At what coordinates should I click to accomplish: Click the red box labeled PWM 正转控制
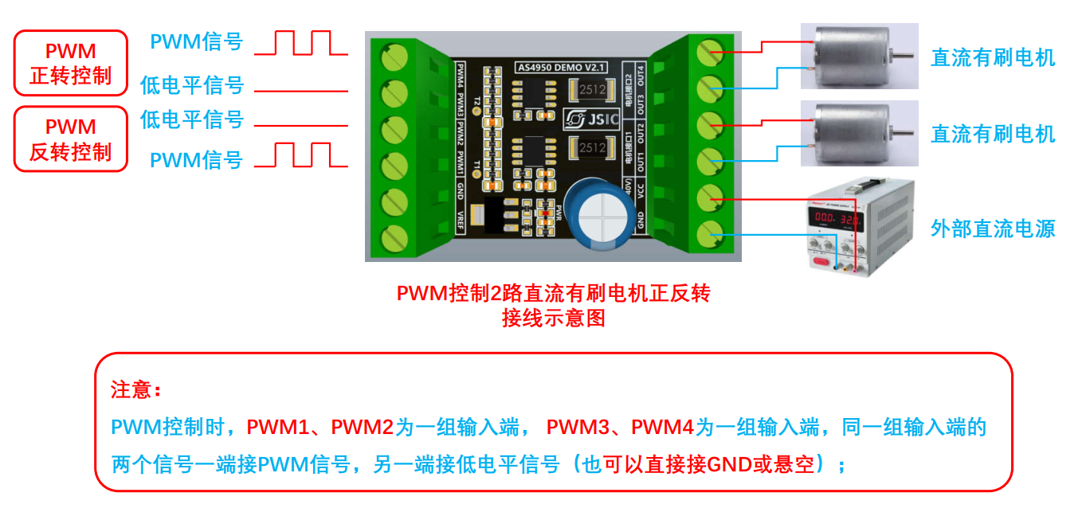pos(71,64)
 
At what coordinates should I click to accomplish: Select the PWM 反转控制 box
pos(71,139)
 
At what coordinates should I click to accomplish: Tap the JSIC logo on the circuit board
pos(585,120)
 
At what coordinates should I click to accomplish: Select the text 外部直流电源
pos(993,229)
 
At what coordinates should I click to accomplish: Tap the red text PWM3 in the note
pos(578,428)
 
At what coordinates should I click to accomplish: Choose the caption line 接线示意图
pos(553,319)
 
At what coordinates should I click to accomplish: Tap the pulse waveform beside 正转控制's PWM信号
pos(302,43)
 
